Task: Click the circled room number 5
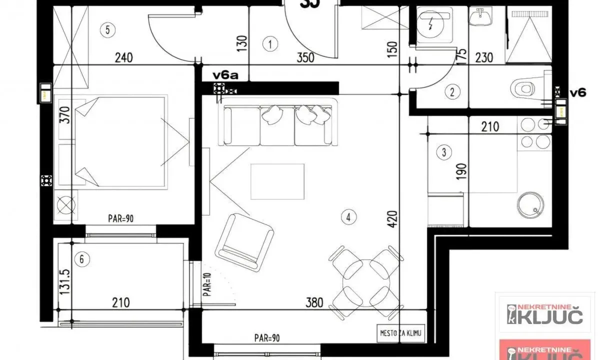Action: (107, 30)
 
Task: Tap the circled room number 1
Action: (270, 44)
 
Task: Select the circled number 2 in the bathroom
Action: (452, 91)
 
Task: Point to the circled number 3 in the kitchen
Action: (444, 152)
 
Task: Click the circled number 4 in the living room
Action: (348, 217)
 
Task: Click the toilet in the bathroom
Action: (525, 89)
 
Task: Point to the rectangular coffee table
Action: (277, 181)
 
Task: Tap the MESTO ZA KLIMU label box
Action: (400, 334)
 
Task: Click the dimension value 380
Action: (315, 302)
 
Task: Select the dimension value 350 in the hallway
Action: (305, 57)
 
